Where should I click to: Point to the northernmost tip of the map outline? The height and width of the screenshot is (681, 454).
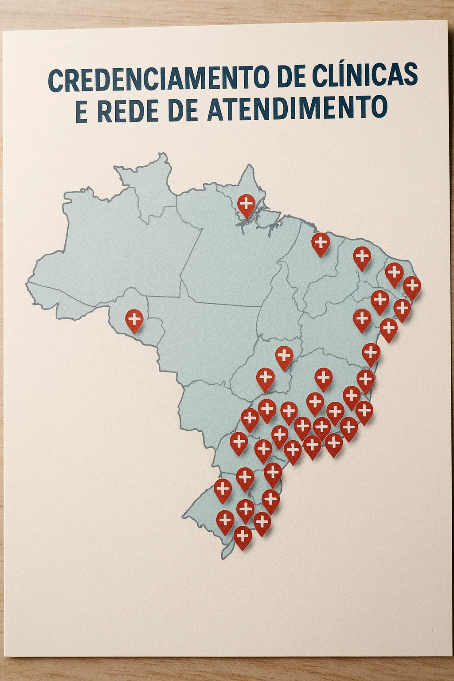coord(164,153)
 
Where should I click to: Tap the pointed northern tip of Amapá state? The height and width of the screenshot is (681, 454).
coord(249,165)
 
